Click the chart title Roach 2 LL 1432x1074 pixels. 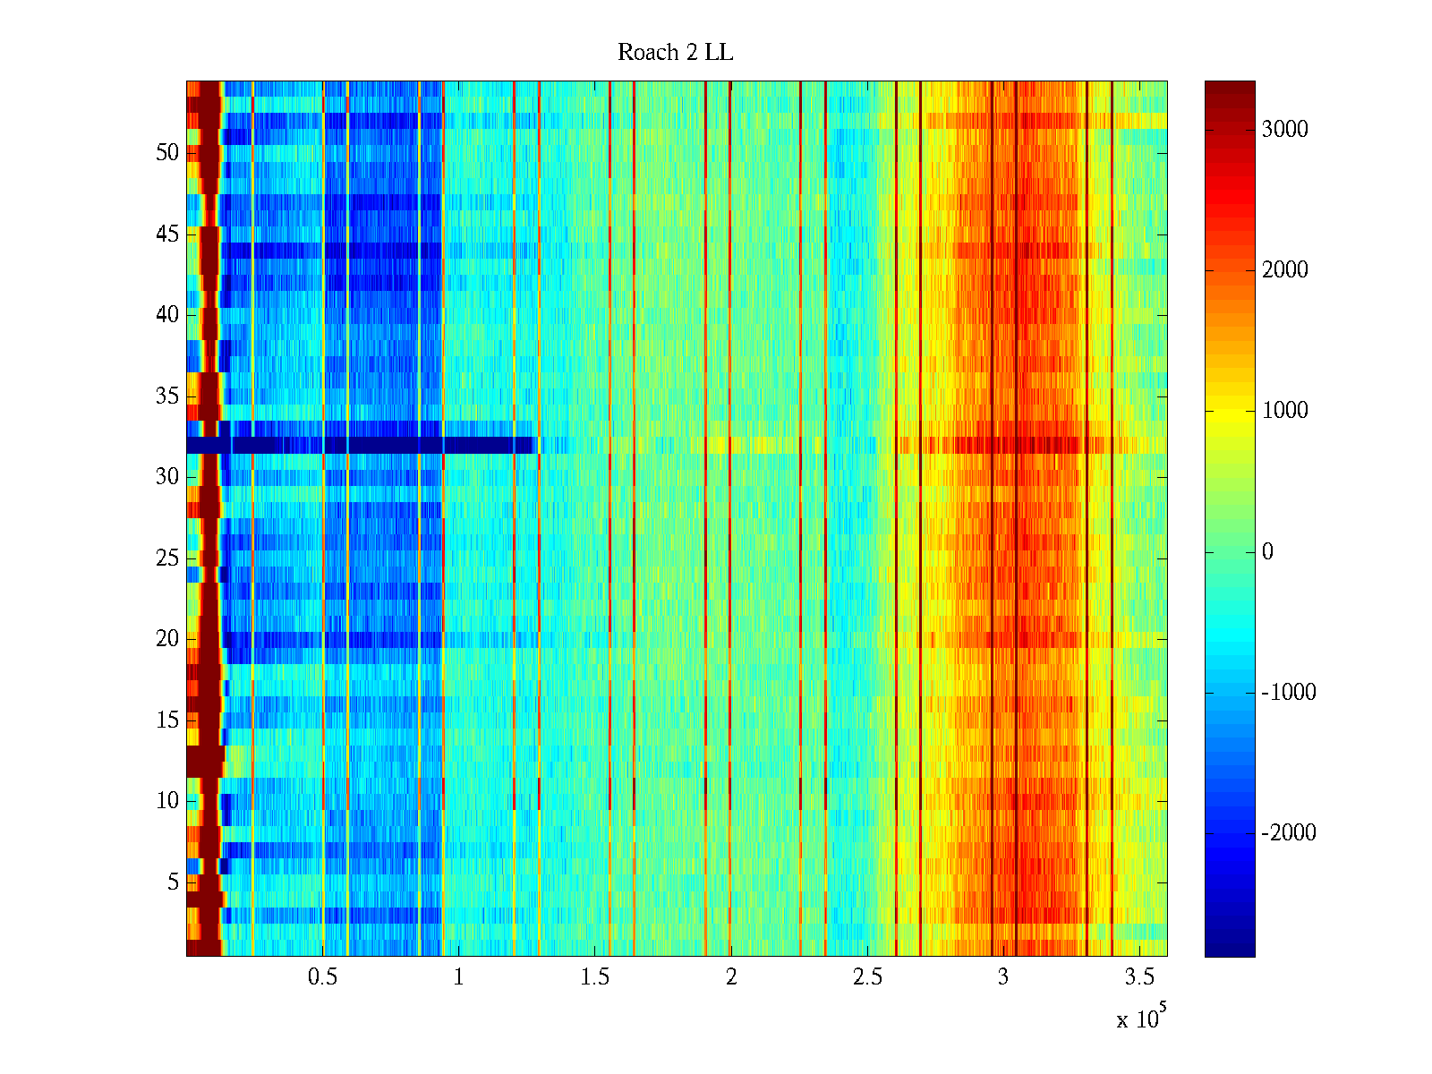675,53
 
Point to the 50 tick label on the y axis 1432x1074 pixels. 167,153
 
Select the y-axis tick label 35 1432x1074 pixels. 167,396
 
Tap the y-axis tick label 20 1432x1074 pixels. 167,639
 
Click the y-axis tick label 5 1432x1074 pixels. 173,882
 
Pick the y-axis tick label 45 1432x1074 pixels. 167,234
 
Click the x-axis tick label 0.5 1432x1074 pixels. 322,977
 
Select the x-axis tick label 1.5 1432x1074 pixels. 594,977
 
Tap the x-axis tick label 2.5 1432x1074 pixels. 867,977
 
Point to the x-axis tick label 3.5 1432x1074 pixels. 1139,977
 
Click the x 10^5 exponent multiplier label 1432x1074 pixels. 1141,1019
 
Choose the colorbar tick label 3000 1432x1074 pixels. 1284,130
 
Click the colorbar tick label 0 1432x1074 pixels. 1267,552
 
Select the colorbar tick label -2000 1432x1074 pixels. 1288,833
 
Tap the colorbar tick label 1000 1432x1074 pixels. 1284,411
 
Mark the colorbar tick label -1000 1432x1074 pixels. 1288,693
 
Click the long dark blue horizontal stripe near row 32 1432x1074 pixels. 358,445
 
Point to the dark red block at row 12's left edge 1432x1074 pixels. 205,761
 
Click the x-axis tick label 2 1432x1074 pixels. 731,977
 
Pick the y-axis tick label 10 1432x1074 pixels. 167,801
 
